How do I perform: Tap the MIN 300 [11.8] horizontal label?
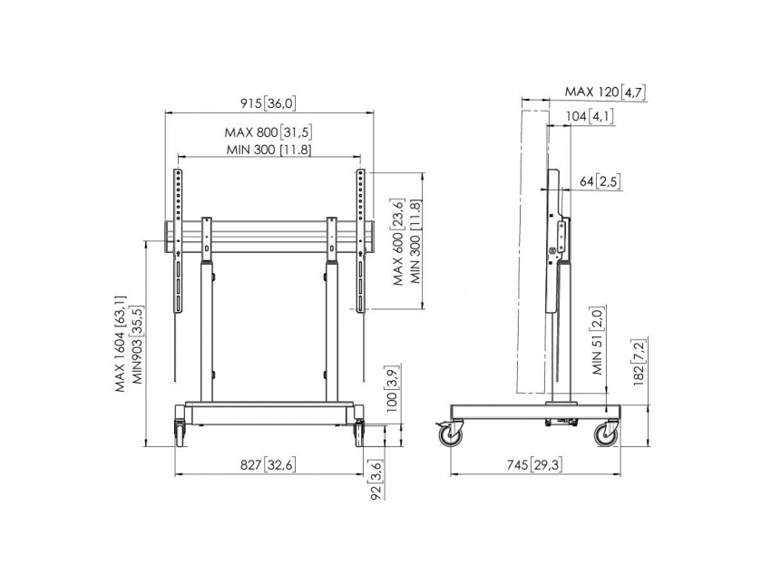268,150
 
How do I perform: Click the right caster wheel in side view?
607,434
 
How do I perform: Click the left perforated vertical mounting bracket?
178,241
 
